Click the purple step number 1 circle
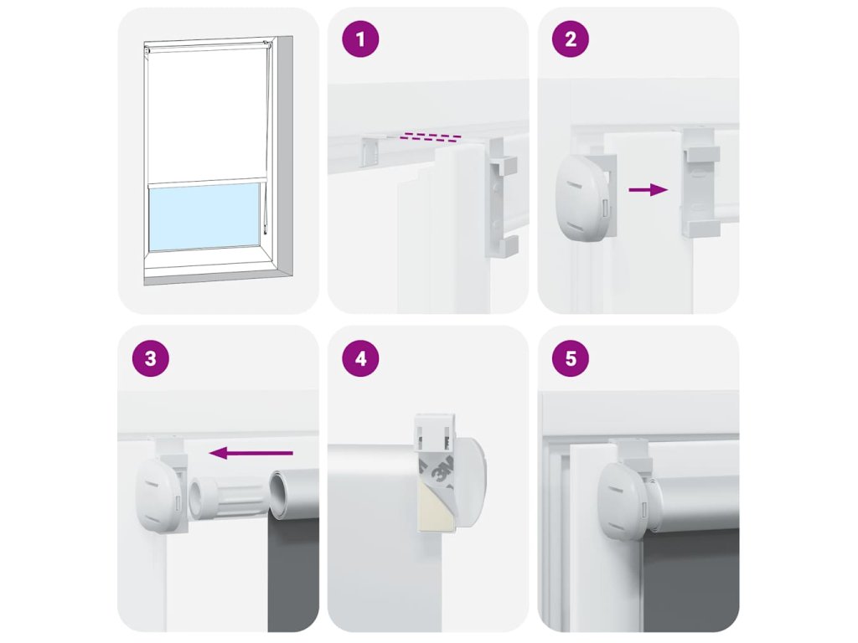pos(360,39)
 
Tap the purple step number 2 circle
pos(571,39)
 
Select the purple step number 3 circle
pos(151,358)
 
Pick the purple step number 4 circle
pos(360,358)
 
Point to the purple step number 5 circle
pos(571,358)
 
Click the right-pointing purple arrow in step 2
pos(649,190)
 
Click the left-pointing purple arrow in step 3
pos(251,453)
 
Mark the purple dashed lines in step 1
pos(430,136)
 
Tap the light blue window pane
pos(204,217)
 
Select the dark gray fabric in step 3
pos(293,574)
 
